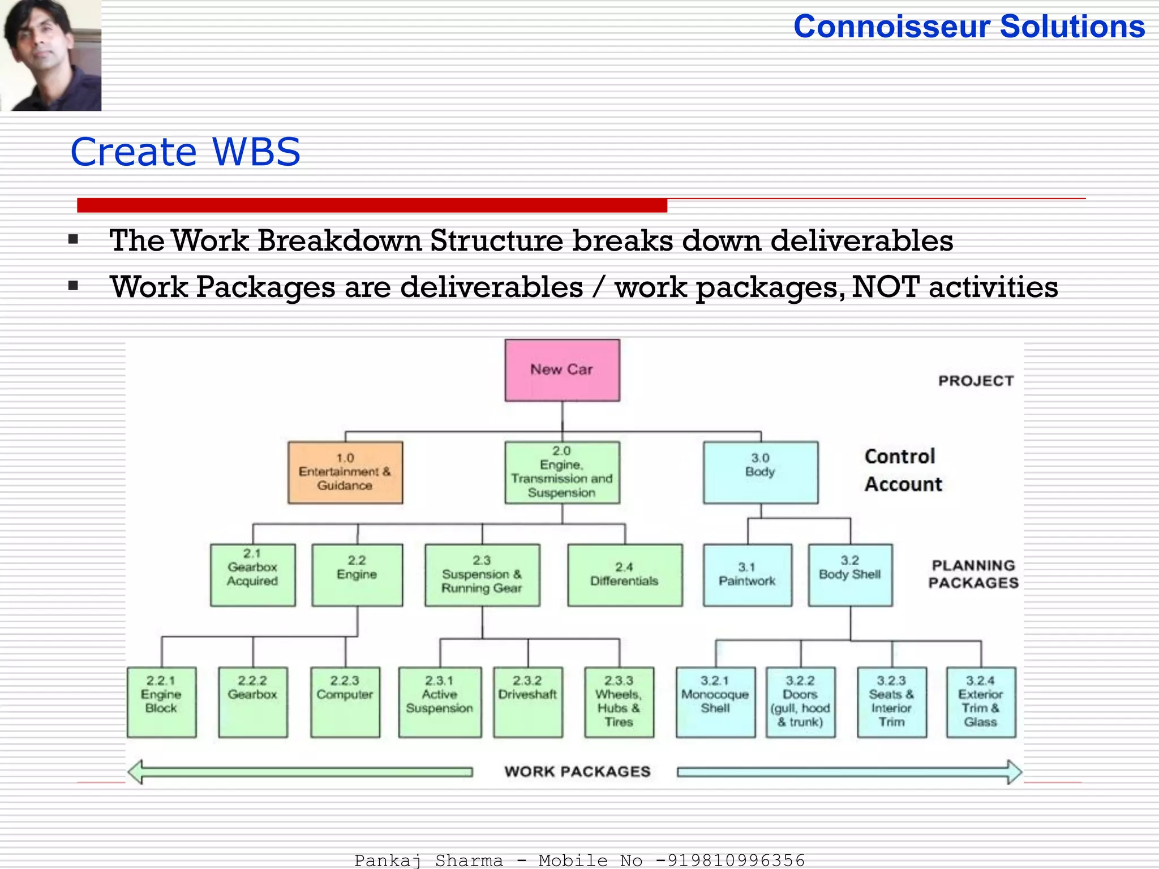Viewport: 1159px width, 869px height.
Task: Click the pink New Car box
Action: (562, 370)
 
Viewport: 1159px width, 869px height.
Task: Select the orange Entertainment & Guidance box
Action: (345, 472)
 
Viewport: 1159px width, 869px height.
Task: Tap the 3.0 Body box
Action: (760, 472)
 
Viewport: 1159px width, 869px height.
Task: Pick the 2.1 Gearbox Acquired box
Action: (252, 575)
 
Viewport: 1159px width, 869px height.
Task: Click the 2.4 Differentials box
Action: (625, 575)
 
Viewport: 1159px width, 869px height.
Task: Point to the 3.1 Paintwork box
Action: (747, 575)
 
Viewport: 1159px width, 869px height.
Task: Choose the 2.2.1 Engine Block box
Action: (162, 702)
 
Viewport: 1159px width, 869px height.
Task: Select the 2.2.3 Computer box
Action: (345, 702)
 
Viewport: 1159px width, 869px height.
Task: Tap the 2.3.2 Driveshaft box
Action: (528, 702)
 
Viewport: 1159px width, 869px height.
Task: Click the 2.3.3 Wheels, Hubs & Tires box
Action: (619, 702)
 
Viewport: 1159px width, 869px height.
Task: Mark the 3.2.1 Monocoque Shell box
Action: (715, 702)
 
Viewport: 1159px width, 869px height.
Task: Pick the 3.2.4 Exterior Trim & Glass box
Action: (981, 702)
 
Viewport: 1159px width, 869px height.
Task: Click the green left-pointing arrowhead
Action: (136, 772)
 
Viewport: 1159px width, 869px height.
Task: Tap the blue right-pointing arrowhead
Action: (1014, 772)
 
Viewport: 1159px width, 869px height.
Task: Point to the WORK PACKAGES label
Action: (577, 772)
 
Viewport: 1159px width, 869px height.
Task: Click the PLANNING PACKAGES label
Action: (973, 574)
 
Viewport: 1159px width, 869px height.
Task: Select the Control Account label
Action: (903, 470)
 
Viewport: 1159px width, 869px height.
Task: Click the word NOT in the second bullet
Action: (885, 287)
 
